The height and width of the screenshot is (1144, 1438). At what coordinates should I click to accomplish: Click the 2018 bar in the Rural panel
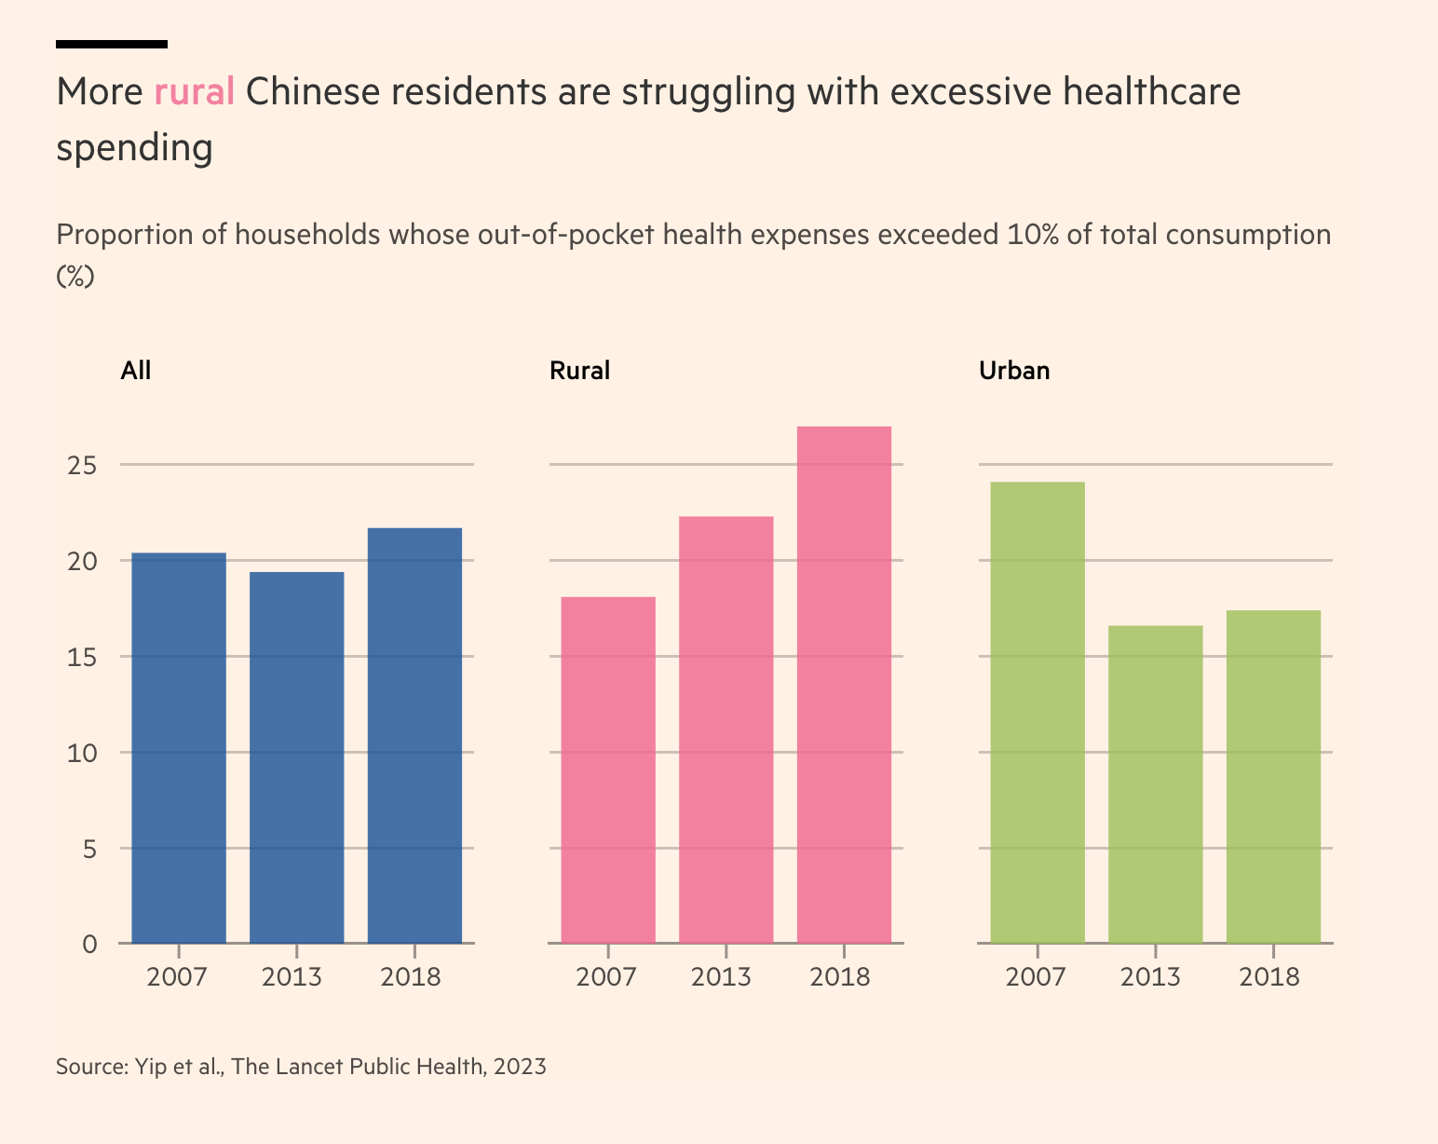click(x=844, y=685)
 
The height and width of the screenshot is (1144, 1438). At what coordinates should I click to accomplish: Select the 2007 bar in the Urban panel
click(x=1038, y=713)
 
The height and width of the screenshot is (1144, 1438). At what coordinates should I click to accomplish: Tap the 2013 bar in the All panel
click(x=297, y=757)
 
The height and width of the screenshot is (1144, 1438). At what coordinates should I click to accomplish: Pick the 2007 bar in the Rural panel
click(x=608, y=769)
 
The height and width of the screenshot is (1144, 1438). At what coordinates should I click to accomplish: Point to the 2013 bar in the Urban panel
click(x=1155, y=784)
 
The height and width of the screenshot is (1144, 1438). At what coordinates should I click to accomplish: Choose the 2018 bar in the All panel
click(x=414, y=736)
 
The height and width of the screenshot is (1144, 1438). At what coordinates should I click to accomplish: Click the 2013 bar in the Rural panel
click(x=726, y=729)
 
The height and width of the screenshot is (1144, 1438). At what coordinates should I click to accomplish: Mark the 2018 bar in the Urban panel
click(x=1273, y=777)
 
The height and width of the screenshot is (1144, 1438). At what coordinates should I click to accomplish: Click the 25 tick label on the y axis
click(x=82, y=465)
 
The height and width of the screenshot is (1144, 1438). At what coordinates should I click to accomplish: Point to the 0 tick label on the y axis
click(x=89, y=945)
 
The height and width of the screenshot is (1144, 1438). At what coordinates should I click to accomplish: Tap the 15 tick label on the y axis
click(x=82, y=657)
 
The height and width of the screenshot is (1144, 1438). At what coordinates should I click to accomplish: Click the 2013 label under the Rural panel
click(x=721, y=977)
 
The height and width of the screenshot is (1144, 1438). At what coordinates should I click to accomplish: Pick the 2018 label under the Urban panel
click(x=1269, y=977)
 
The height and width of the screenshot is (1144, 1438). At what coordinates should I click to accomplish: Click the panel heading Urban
click(x=1014, y=371)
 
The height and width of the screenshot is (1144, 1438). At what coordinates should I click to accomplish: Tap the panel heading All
click(x=136, y=371)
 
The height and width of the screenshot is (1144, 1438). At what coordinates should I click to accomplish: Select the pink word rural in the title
click(x=194, y=92)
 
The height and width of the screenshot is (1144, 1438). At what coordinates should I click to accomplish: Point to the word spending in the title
click(x=135, y=147)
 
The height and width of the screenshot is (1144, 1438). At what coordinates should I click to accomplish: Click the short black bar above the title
click(x=112, y=44)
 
